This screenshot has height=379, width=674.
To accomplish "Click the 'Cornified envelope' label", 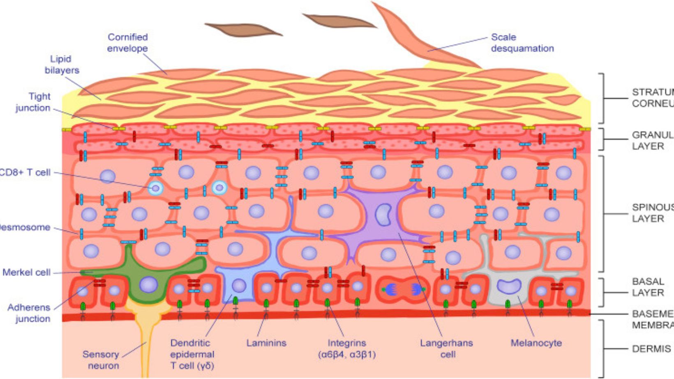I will click(127, 43).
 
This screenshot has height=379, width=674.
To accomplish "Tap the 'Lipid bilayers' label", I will click(62, 64).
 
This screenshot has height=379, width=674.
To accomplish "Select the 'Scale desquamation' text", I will click(522, 43).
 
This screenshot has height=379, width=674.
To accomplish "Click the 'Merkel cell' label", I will click(26, 272).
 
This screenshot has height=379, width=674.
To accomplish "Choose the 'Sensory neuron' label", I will click(101, 360).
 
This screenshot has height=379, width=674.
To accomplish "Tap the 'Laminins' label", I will click(266, 343).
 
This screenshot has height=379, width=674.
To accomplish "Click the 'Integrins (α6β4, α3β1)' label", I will click(347, 349).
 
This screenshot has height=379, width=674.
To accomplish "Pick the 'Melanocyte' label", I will click(536, 343).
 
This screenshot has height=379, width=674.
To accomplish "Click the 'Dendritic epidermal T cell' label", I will click(192, 354).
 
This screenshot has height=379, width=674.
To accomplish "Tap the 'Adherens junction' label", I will click(29, 313).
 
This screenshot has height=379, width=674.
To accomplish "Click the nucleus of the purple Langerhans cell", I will click(383, 215).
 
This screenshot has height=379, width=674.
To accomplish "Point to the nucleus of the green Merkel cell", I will click(148, 285).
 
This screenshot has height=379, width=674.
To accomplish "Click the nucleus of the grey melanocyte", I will click(509, 286).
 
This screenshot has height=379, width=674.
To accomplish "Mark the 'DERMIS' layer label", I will click(651, 349).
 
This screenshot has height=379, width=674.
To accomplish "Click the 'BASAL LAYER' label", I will click(648, 287).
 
